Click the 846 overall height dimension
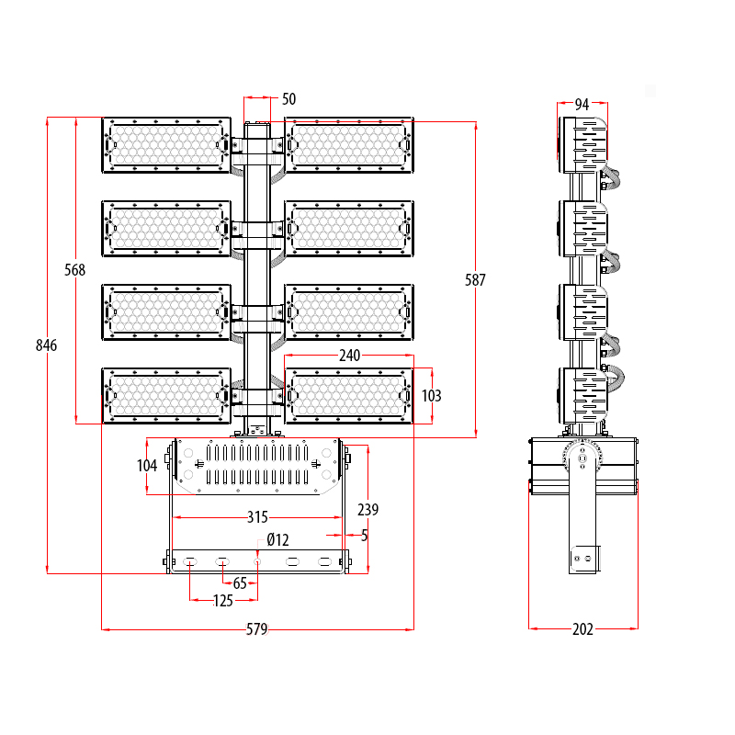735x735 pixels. (46, 345)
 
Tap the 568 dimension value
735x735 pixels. (74, 270)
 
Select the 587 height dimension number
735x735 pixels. (475, 280)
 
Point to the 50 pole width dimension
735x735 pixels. (288, 99)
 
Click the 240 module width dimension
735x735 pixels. (349, 355)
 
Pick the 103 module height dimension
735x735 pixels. (431, 396)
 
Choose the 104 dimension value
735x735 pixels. (147, 466)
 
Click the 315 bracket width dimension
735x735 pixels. (258, 517)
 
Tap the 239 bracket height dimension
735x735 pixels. (367, 509)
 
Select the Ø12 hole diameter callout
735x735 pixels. (277, 538)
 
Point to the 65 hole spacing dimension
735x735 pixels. (240, 583)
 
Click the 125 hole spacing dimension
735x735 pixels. (222, 601)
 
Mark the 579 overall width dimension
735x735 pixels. (256, 629)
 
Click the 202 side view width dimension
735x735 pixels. (582, 629)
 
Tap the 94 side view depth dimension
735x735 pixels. (582, 105)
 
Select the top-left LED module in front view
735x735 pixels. (166, 144)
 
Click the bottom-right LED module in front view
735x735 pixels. (349, 396)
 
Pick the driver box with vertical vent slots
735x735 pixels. (256, 466)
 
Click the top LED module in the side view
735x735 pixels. (585, 145)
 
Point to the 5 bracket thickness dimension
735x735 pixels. (365, 535)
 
